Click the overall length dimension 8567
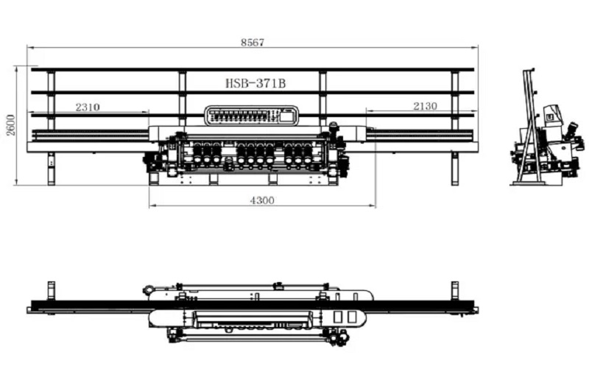252,42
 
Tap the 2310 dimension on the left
88,107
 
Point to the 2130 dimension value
425,106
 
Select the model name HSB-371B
255,83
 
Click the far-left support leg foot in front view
51,180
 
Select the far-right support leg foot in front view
454,180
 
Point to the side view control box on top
551,114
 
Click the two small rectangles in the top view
345,316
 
